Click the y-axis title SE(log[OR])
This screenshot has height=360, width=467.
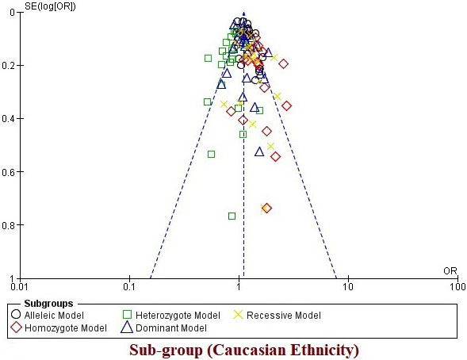(x=50, y=6)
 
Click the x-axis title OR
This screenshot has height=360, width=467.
(x=450, y=271)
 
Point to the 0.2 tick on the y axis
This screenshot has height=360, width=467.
(x=8, y=65)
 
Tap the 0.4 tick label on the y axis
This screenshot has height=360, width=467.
(x=8, y=118)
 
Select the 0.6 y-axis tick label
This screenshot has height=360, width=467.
(x=8, y=172)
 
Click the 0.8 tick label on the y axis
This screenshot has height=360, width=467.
(x=8, y=225)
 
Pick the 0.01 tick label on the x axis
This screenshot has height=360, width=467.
(x=21, y=286)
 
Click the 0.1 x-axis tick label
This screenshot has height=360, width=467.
(x=129, y=286)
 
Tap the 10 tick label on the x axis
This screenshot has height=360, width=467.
(x=348, y=286)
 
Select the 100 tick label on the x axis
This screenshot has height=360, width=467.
(x=457, y=286)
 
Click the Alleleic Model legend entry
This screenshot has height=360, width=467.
(x=48, y=315)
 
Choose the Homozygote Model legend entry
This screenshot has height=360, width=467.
(x=59, y=327)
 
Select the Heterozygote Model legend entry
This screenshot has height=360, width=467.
(x=171, y=315)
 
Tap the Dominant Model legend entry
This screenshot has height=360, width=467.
(x=164, y=327)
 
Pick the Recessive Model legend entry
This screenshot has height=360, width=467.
(x=277, y=315)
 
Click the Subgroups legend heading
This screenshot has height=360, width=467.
(x=48, y=304)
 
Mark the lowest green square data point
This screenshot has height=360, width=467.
(x=232, y=216)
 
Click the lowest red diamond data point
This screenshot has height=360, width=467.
(x=266, y=208)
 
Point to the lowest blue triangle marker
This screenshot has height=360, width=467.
(x=259, y=152)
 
